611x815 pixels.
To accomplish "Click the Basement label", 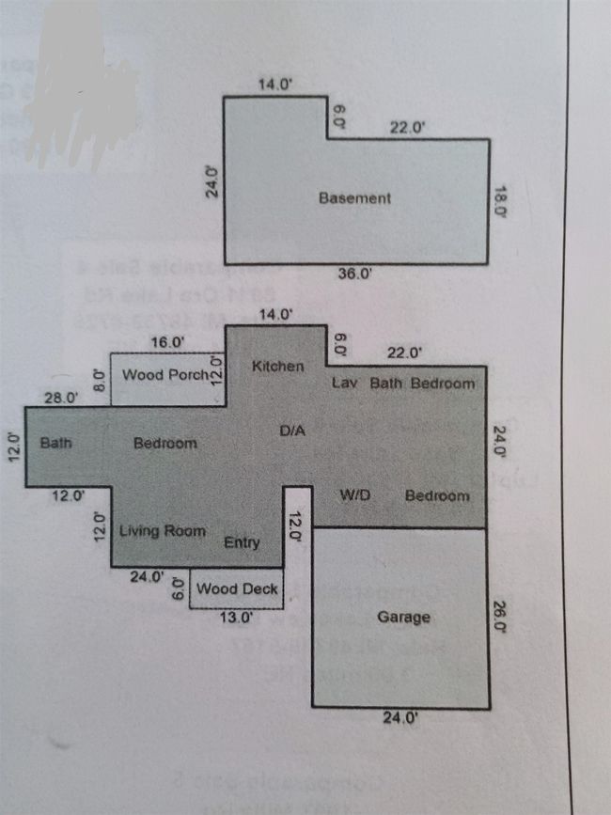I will pyautogui.click(x=354, y=198).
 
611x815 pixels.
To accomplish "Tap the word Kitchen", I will pyautogui.click(x=277, y=366).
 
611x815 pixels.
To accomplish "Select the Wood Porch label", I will pyautogui.click(x=165, y=375).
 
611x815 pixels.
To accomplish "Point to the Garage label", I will pyautogui.click(x=404, y=618).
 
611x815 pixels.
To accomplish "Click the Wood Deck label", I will pyautogui.click(x=237, y=589).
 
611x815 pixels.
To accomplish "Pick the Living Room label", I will pyautogui.click(x=163, y=531).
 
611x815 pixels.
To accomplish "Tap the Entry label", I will pyautogui.click(x=242, y=543).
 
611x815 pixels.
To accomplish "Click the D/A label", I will pyautogui.click(x=293, y=431).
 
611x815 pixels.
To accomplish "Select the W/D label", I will pyautogui.click(x=353, y=495).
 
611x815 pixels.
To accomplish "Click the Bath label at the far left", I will pyautogui.click(x=56, y=442).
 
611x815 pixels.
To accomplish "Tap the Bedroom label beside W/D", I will pyautogui.click(x=436, y=495).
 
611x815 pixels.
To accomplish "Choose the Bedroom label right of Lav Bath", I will pyautogui.click(x=443, y=384).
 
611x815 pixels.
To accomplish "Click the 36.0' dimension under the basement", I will pyautogui.click(x=355, y=274).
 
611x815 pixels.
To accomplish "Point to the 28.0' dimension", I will pyautogui.click(x=62, y=399).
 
